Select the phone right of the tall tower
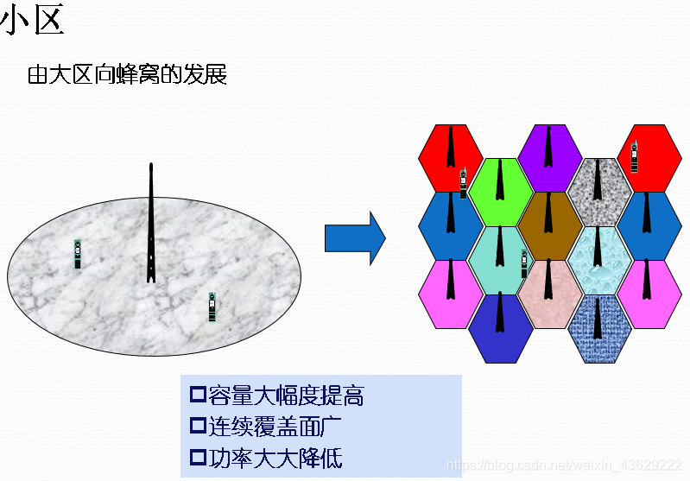[212, 307]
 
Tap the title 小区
[35, 21]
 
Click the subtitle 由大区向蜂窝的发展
[127, 75]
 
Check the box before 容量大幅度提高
[198, 396]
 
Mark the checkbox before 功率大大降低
[198, 458]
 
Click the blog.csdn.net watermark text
[562, 465]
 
